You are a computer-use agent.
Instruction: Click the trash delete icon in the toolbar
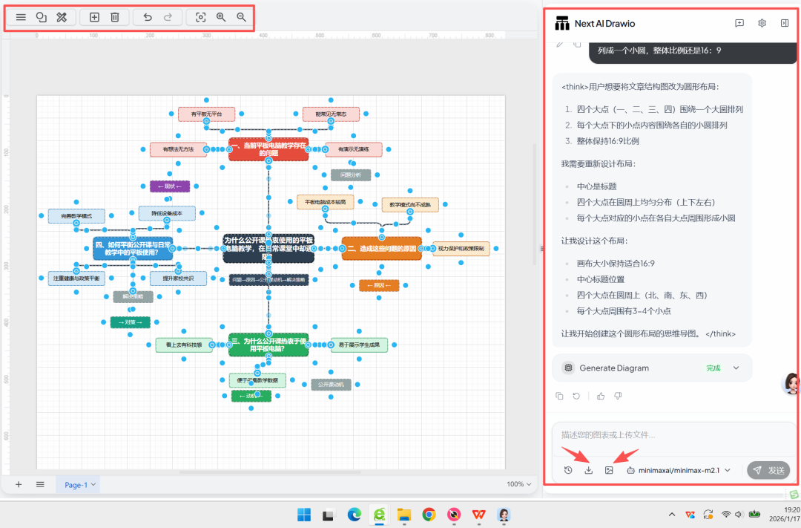[115, 17]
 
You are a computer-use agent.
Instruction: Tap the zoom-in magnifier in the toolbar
[221, 17]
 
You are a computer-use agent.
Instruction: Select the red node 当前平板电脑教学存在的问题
[268, 149]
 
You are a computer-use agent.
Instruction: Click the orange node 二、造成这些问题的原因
[381, 248]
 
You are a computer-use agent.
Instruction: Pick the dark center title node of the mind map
[268, 248]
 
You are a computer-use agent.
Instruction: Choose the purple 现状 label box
[170, 186]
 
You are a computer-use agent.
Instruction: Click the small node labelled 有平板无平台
[206, 114]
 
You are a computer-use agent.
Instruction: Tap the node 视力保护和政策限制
[461, 248]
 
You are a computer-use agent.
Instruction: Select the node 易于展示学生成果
[359, 345]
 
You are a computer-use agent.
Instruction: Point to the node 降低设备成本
[167, 213]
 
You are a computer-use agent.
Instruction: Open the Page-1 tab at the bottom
[76, 485]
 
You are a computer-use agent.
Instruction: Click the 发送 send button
[768, 470]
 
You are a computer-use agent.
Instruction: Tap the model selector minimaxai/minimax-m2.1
[679, 470]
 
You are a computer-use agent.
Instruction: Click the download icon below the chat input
[589, 470]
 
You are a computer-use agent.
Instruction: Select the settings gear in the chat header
[762, 23]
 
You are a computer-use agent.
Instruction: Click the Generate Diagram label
[614, 368]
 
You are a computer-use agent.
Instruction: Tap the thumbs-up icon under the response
[601, 396]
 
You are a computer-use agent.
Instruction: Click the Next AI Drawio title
[604, 24]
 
